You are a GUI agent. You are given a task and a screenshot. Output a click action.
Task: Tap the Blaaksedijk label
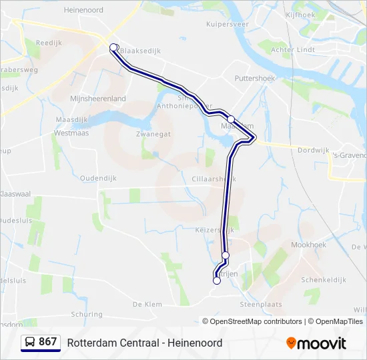142,50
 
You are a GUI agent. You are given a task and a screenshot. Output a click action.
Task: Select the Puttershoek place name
254,78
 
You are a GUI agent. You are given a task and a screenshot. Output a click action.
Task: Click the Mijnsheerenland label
98,99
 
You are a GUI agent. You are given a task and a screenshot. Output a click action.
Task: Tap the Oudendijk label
98,178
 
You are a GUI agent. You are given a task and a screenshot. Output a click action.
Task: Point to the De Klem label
147,304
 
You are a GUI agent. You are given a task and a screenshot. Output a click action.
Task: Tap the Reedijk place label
48,41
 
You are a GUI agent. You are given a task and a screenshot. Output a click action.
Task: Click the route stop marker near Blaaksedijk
114,47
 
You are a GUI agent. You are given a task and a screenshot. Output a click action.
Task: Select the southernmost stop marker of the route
216,281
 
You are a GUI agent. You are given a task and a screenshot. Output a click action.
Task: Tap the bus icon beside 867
31,342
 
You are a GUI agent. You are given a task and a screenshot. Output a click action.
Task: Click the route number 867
48,342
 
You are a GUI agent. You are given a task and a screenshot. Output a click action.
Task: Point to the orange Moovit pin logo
291,343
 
